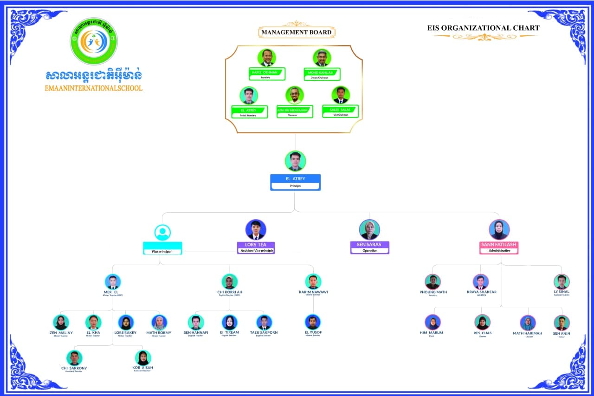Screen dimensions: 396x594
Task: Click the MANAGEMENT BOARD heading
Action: pos(297,32)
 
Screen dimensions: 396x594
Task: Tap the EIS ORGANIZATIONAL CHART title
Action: pos(483,28)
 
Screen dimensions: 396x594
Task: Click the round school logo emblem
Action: pos(94,42)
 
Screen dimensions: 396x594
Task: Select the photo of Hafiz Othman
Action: pos(266,58)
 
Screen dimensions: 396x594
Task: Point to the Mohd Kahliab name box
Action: pos(322,74)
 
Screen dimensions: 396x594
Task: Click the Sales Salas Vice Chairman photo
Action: pos(341,95)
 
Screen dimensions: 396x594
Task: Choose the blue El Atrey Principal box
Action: pos(295,182)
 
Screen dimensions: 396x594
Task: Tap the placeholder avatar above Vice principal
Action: pos(163,232)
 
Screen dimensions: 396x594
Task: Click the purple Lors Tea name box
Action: pos(256,247)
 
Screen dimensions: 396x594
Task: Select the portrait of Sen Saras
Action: pos(369,230)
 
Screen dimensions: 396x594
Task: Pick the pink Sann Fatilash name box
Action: pos(499,247)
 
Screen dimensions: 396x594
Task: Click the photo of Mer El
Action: pos(112,282)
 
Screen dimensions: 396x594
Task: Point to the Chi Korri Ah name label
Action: pos(230,292)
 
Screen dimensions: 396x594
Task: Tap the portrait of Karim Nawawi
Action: pos(313,282)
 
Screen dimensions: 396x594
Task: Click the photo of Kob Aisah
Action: pos(143,358)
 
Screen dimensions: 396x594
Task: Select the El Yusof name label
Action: pos(313,332)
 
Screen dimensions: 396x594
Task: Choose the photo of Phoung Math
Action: pos(433,282)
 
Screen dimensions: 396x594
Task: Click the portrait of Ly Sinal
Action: pos(562,282)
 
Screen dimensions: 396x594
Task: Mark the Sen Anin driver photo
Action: pos(562,323)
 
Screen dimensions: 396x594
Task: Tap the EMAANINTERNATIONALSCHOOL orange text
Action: pos(94,88)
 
